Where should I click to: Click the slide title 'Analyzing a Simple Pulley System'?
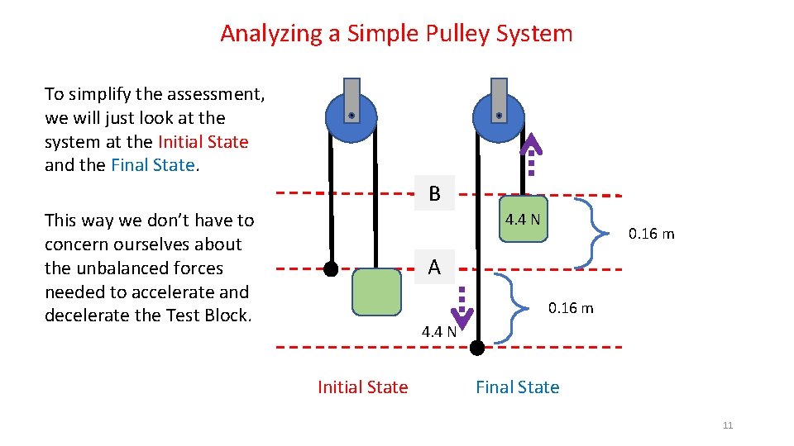pyautogui.click(x=396, y=34)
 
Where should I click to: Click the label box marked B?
pyautogui.click(x=434, y=194)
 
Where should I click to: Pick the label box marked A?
pyautogui.click(x=434, y=268)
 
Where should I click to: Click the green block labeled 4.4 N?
pyautogui.click(x=524, y=219)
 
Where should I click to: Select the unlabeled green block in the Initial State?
pyautogui.click(x=376, y=292)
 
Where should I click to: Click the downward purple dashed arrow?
pyautogui.click(x=463, y=307)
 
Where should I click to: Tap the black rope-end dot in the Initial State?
pyautogui.click(x=331, y=268)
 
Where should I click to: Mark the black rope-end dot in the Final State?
pyautogui.click(x=477, y=348)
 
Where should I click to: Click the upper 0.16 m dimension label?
pyautogui.click(x=651, y=234)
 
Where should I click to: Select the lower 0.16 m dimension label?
pyautogui.click(x=571, y=308)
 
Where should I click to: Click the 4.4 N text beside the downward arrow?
pyautogui.click(x=438, y=333)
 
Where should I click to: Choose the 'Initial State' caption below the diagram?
pyautogui.click(x=362, y=387)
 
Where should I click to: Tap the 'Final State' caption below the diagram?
pyautogui.click(x=517, y=387)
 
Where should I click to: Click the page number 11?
pyautogui.click(x=728, y=425)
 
